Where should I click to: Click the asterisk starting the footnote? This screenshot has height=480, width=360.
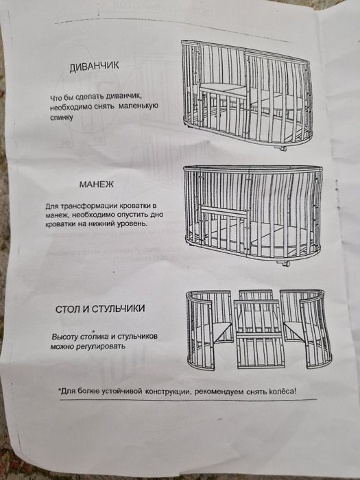point(61,389)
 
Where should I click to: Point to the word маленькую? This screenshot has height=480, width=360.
point(136,107)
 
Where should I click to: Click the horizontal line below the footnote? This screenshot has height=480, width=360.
point(178,400)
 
